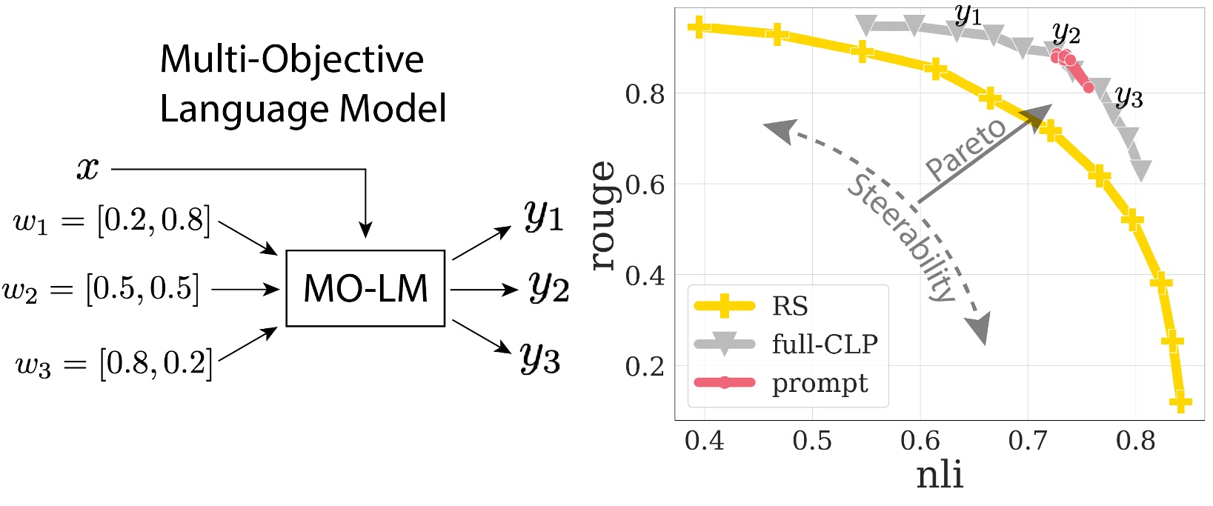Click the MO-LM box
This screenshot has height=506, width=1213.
[x=365, y=288]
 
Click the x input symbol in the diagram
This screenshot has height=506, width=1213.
[x=87, y=169]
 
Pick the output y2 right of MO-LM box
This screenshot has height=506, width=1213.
[x=548, y=287]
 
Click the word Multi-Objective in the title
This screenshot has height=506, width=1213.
[x=292, y=59]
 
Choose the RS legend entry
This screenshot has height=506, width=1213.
[x=790, y=306]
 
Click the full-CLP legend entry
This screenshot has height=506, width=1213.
[x=824, y=344]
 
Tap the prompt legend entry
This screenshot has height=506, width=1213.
[x=820, y=383]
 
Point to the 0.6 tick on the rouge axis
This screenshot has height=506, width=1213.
[x=646, y=184]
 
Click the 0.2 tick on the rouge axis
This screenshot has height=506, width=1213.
[x=646, y=365]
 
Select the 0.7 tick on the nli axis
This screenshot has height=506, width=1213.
[x=1028, y=441]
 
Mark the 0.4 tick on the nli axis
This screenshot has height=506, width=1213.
[x=704, y=441]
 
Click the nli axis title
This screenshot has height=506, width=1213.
[x=940, y=476]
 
